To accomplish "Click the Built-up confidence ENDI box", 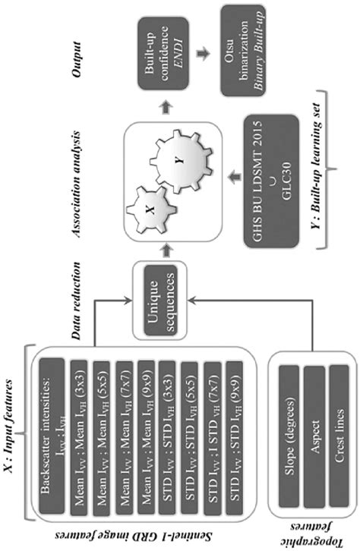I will pyautogui.click(x=161, y=55).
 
